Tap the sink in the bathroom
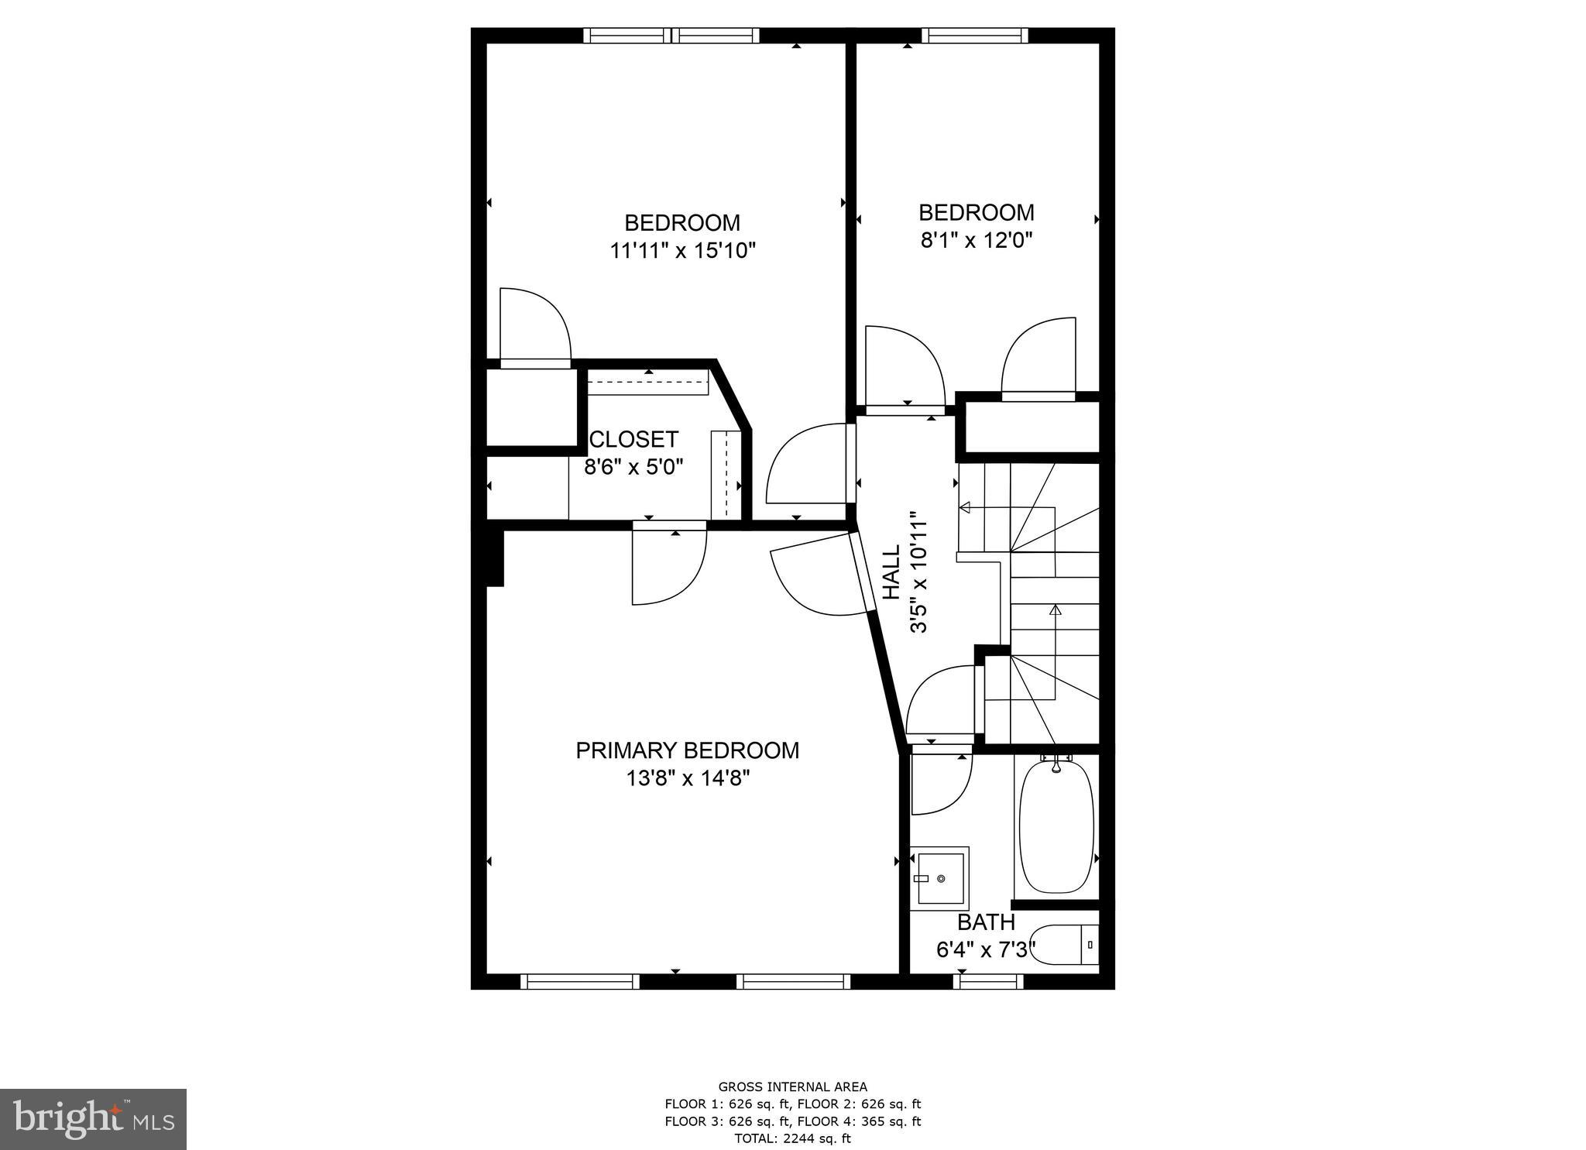point(939,877)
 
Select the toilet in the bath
point(1066,945)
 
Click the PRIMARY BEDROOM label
point(687,750)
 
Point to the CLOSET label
point(633,439)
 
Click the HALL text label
point(893,572)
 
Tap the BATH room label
point(986,922)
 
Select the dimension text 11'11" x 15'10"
point(682,251)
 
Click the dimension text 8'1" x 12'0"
point(977,240)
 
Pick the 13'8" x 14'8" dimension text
point(688,778)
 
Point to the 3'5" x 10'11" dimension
point(919,572)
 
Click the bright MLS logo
point(93,1119)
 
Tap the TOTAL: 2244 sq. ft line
point(792,1138)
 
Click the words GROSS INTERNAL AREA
point(793,1086)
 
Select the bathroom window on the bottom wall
point(987,982)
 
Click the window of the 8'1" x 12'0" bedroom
point(975,35)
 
